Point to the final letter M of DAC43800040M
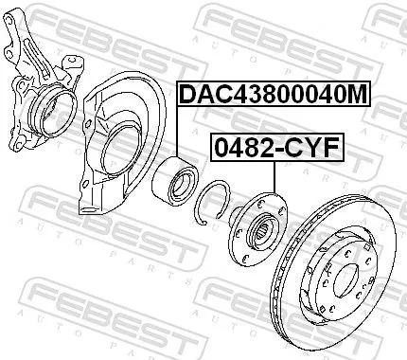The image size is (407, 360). (x=355, y=96)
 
